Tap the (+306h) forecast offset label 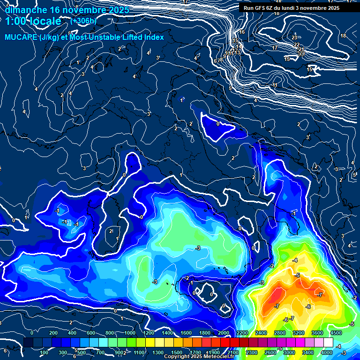(x=83, y=21)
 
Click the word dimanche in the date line (x=26, y=9)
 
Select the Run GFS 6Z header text (x=262, y=8)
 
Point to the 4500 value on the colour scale (x=336, y=332)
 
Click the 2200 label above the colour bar (x=242, y=332)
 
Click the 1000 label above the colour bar (x=130, y=332)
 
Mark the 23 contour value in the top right (x=294, y=37)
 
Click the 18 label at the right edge (x=343, y=36)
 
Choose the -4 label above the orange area (x=295, y=260)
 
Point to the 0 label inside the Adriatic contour (x=218, y=124)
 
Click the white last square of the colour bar (x=328, y=342)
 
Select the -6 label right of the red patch (x=308, y=307)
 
